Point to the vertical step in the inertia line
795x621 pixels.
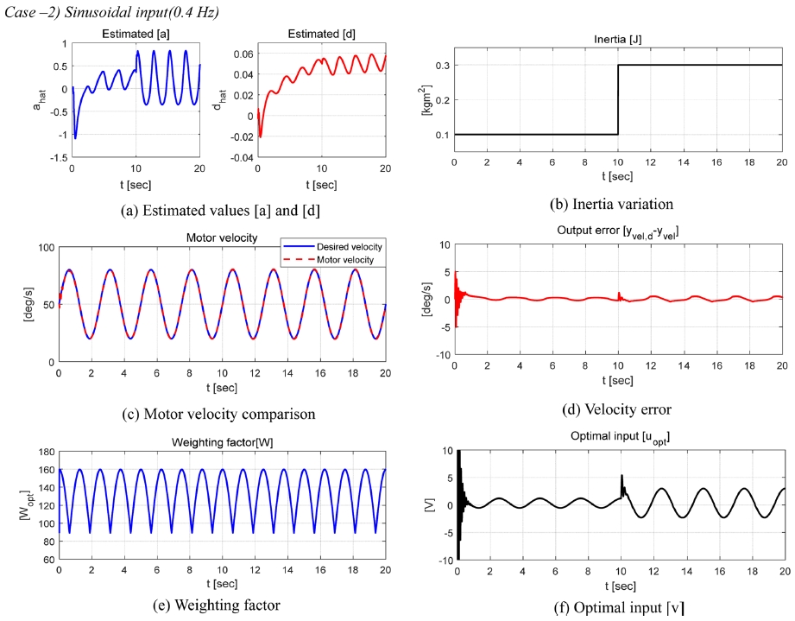click(618, 99)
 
